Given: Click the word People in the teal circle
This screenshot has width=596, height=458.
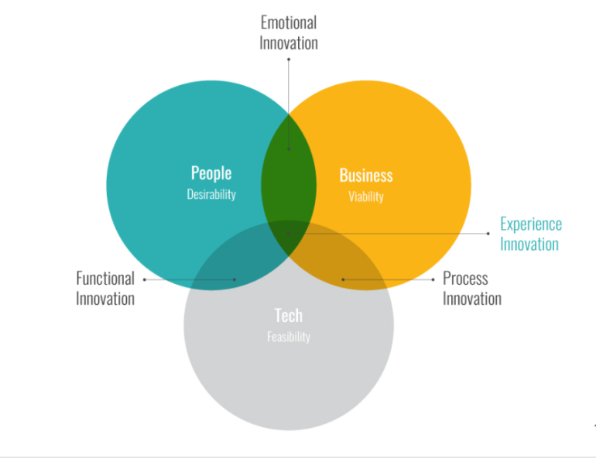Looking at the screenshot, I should pyautogui.click(x=211, y=173).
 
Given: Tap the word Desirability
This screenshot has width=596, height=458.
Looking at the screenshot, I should pyautogui.click(x=211, y=194).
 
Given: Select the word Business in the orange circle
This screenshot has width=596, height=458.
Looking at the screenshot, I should pyautogui.click(x=366, y=175).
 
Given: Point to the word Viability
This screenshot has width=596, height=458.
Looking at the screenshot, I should pyautogui.click(x=366, y=197).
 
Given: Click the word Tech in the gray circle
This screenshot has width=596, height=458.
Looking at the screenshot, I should pyautogui.click(x=288, y=315).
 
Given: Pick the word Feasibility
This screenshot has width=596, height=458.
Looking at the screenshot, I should pyautogui.click(x=288, y=337).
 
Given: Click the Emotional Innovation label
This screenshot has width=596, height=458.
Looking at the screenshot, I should pyautogui.click(x=289, y=32).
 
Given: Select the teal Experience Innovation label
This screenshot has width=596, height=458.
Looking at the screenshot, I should pyautogui.click(x=530, y=234).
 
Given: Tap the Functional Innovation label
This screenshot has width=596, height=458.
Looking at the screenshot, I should pyautogui.click(x=105, y=288).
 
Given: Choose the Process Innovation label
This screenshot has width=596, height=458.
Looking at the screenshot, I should pyautogui.click(x=472, y=288).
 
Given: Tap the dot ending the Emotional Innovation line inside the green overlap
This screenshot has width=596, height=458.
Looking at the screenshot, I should pyautogui.click(x=289, y=149).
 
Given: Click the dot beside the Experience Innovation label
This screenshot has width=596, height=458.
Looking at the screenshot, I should pyautogui.click(x=488, y=233).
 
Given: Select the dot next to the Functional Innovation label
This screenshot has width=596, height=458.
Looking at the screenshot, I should pyautogui.click(x=145, y=279).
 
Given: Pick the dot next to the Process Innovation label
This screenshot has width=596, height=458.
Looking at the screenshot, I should pyautogui.click(x=433, y=279).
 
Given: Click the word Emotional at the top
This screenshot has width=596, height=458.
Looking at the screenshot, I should pyautogui.click(x=289, y=22).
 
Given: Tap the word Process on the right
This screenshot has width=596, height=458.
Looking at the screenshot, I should pyautogui.click(x=465, y=278).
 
